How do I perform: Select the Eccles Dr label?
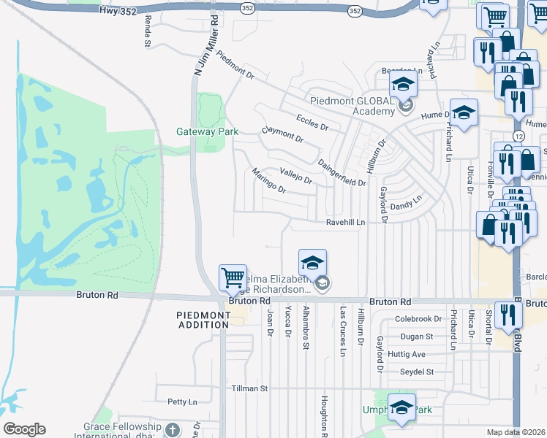312,122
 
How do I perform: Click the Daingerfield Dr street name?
342,172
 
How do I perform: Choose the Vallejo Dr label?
296,175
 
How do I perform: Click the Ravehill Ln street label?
345,222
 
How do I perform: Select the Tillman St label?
250,388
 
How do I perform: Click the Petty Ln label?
182,401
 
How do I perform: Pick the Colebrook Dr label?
418,319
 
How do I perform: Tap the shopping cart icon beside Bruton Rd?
233,277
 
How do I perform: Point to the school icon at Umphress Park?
401,407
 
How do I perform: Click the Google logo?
24,429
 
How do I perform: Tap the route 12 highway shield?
518,137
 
